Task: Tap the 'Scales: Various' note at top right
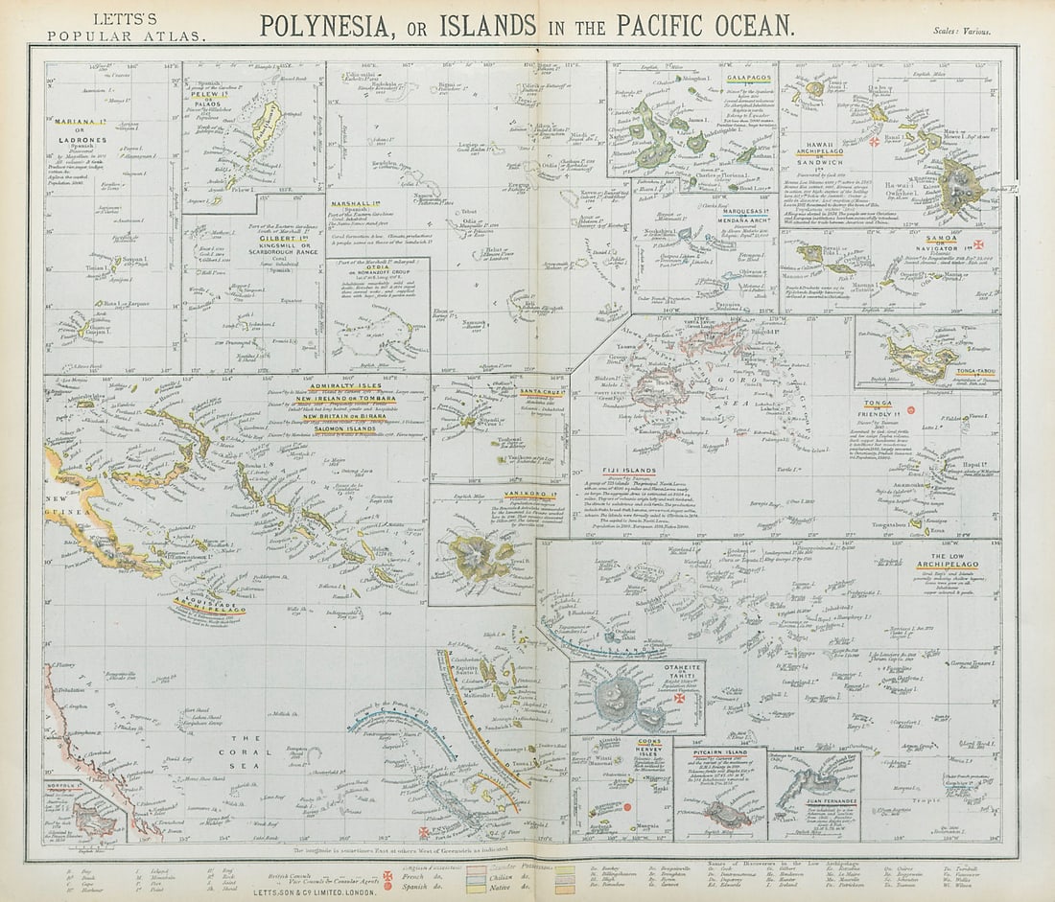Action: pyautogui.click(x=962, y=32)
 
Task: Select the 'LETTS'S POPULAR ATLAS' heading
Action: pyautogui.click(x=125, y=27)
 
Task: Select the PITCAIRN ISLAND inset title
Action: pyautogui.click(x=719, y=753)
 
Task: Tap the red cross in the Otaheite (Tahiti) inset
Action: pyautogui.click(x=679, y=699)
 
